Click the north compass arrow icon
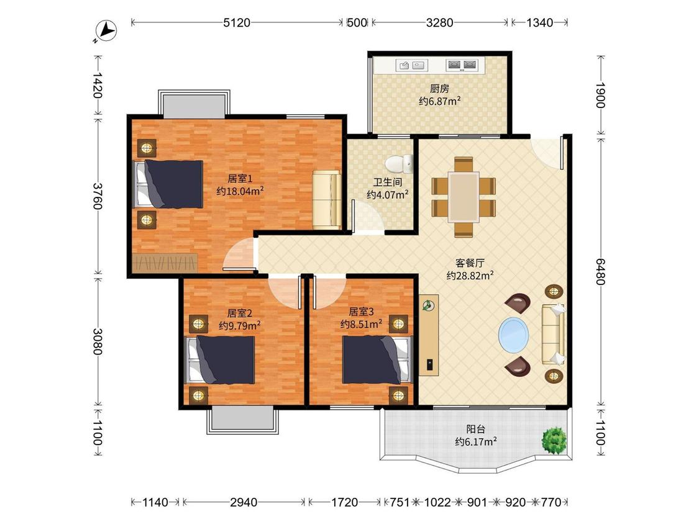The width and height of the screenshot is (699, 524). point(106,32)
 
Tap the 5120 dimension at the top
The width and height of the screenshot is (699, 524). point(237,22)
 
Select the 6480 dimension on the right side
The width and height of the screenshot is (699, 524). point(600,271)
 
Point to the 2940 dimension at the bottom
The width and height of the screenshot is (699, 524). point(244,503)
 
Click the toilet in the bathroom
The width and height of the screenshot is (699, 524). point(400,164)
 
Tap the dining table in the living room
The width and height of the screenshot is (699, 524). point(464,197)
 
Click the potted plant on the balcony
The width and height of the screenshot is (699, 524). point(554,441)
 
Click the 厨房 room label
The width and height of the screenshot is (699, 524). point(439,89)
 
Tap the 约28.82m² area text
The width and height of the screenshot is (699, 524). point(470,276)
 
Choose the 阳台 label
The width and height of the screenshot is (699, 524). point(476,429)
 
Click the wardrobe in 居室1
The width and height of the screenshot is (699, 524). point(165,263)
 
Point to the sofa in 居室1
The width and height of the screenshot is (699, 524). point(327,199)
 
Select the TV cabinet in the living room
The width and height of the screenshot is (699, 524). point(429,335)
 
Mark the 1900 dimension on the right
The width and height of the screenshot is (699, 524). point(600,96)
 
